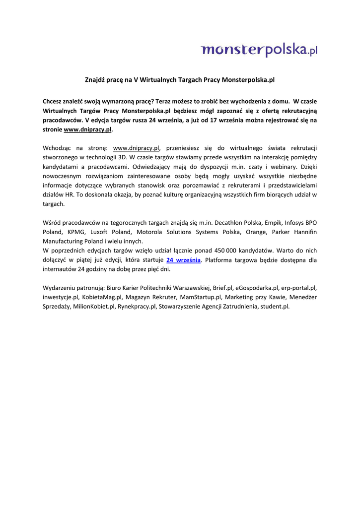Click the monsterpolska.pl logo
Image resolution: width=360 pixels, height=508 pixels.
click(259, 50)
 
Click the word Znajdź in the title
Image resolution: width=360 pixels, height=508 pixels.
click(96, 79)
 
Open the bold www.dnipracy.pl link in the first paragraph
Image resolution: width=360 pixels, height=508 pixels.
click(88, 129)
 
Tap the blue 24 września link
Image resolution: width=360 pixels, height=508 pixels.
click(183, 260)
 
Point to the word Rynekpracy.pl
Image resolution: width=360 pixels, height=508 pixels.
click(137, 307)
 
